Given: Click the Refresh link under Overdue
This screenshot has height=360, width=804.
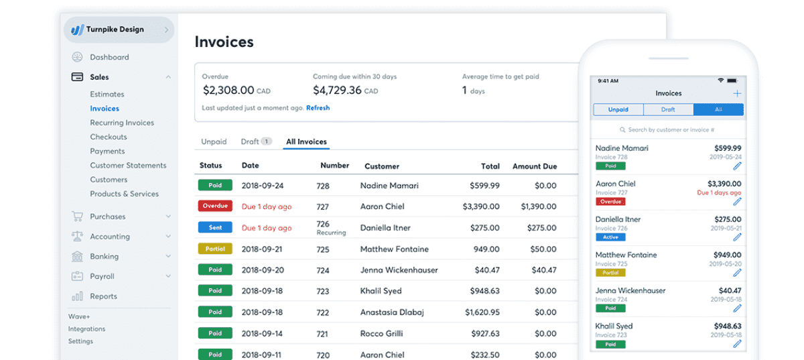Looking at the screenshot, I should [318, 108].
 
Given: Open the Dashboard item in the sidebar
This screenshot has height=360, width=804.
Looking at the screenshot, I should [109, 58].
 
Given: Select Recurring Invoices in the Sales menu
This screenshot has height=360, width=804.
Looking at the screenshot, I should [122, 123].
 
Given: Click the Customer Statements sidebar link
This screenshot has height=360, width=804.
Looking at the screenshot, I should [128, 166].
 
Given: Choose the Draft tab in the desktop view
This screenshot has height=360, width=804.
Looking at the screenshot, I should [250, 142].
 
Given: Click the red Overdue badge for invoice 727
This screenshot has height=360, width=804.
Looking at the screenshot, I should [215, 206].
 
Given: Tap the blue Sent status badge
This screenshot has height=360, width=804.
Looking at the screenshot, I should [215, 228].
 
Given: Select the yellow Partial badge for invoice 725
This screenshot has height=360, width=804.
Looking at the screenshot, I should [215, 249].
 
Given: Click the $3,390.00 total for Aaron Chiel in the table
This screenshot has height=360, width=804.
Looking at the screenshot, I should [481, 207].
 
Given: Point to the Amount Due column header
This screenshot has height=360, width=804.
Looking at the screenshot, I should [534, 166].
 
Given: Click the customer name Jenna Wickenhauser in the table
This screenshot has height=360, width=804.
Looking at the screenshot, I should [399, 270].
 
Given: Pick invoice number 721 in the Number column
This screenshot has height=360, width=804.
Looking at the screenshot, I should [323, 334].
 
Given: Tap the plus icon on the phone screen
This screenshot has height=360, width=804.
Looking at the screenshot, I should [737, 94].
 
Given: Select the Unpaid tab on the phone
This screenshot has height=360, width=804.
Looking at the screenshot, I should [618, 110].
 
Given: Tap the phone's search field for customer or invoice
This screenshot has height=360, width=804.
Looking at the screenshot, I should [668, 130].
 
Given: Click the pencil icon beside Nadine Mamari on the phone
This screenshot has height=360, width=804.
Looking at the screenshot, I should [737, 166].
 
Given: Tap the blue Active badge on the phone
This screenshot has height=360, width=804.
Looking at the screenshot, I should [610, 237].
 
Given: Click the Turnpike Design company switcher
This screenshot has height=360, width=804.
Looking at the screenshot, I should [119, 30].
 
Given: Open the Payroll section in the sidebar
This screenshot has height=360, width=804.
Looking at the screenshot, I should [102, 276].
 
